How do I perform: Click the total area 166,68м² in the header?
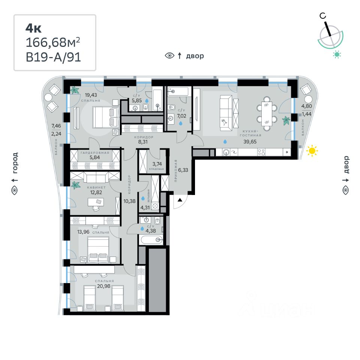click(x=52, y=43)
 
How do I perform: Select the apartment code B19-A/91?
click(x=53, y=57)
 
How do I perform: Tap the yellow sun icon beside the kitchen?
click(x=312, y=151)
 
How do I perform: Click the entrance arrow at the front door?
click(x=179, y=200)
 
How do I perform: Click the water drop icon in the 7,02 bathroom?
click(x=181, y=123)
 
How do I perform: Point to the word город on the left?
click(x=15, y=163)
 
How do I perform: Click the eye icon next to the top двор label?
click(x=169, y=56)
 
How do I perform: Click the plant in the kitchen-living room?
click(x=286, y=120)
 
